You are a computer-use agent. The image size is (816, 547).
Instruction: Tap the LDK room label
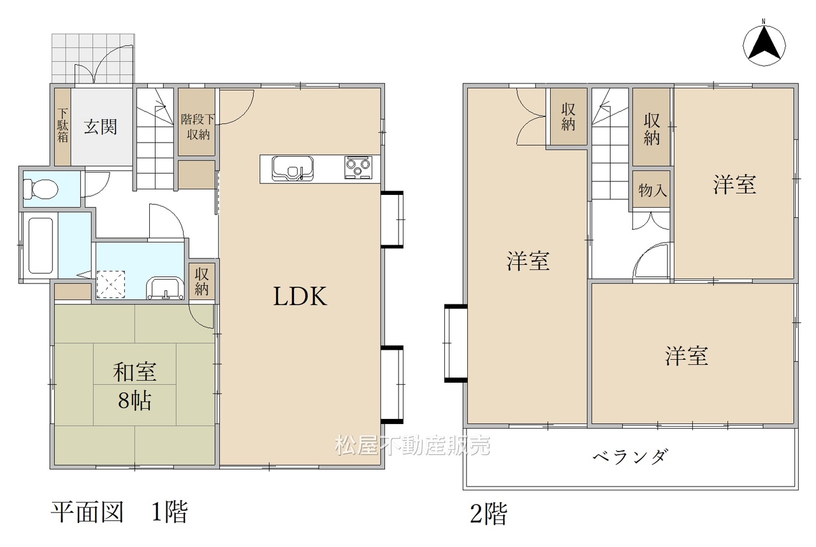tap(300, 296)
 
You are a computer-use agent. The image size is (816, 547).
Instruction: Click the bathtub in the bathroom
tap(41, 245)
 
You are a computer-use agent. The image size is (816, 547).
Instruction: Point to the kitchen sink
tap(293, 169)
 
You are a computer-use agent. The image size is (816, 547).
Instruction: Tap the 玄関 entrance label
tap(101, 127)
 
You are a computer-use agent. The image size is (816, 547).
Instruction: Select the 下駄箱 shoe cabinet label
tap(62, 125)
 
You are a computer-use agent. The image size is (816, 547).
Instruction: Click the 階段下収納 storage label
tap(198, 127)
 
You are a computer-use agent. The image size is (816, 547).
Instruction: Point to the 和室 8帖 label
tap(135, 386)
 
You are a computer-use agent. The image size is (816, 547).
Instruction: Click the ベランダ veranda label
tap(630, 457)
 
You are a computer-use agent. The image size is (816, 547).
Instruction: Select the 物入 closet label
tap(652, 190)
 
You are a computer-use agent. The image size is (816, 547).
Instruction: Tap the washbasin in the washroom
tap(165, 288)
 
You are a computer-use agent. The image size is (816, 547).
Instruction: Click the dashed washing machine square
tap(111, 285)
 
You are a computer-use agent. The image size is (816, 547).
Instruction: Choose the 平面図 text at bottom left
tap(87, 512)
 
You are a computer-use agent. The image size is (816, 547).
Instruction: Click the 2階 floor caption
tap(488, 514)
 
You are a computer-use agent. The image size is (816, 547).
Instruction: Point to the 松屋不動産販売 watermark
tap(412, 445)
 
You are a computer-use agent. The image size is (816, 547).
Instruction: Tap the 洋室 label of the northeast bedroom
tap(734, 185)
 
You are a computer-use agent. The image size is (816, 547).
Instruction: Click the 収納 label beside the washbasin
tap(201, 281)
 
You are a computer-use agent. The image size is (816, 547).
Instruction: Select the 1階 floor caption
tap(170, 512)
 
